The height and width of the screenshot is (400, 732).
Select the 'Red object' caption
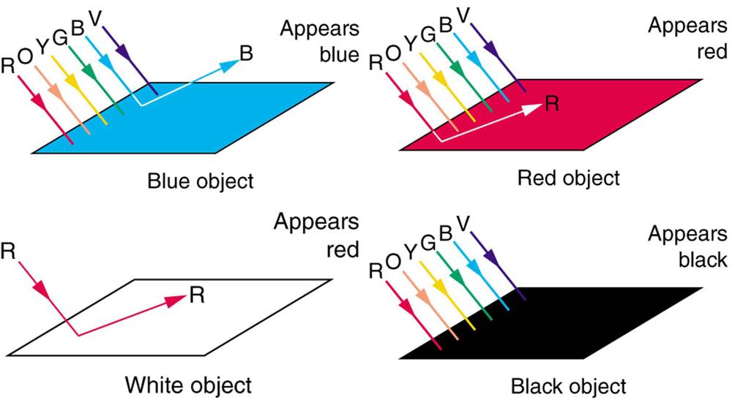(567, 178)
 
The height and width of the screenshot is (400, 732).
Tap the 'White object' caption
(188, 384)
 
